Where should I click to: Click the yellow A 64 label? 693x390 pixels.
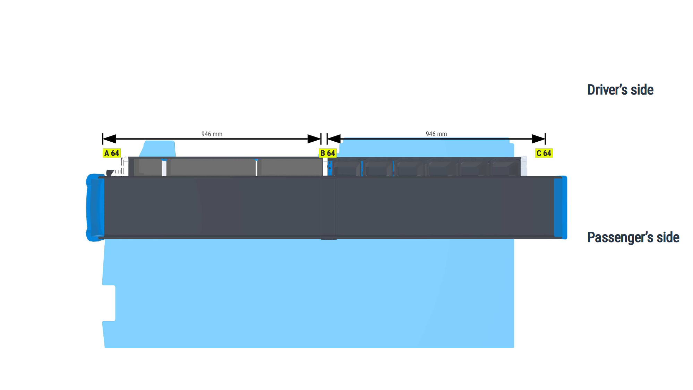coord(112,153)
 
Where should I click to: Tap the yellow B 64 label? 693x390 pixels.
coord(328,153)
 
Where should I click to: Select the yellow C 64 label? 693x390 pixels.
coord(544,153)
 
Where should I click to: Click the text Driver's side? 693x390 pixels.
coord(620,90)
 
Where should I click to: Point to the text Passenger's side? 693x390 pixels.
coord(633,238)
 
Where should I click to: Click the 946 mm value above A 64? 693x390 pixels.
coord(212,134)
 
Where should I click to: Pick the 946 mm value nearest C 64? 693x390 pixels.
coord(436,134)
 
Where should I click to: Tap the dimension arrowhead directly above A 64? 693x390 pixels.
coord(110,139)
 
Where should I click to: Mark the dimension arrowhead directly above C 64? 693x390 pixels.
coord(539,139)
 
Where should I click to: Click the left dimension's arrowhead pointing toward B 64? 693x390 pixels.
coord(314,139)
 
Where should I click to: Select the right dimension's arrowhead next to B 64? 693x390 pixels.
coord(334,139)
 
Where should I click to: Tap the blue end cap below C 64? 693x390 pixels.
coord(561,207)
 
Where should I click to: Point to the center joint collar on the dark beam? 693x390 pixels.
coord(328,208)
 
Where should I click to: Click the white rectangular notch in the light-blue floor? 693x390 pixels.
coord(109,303)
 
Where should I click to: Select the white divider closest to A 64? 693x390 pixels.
coord(164,168)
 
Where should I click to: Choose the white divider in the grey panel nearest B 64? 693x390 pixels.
coord(256,168)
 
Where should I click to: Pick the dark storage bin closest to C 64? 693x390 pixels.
coord(505,168)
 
